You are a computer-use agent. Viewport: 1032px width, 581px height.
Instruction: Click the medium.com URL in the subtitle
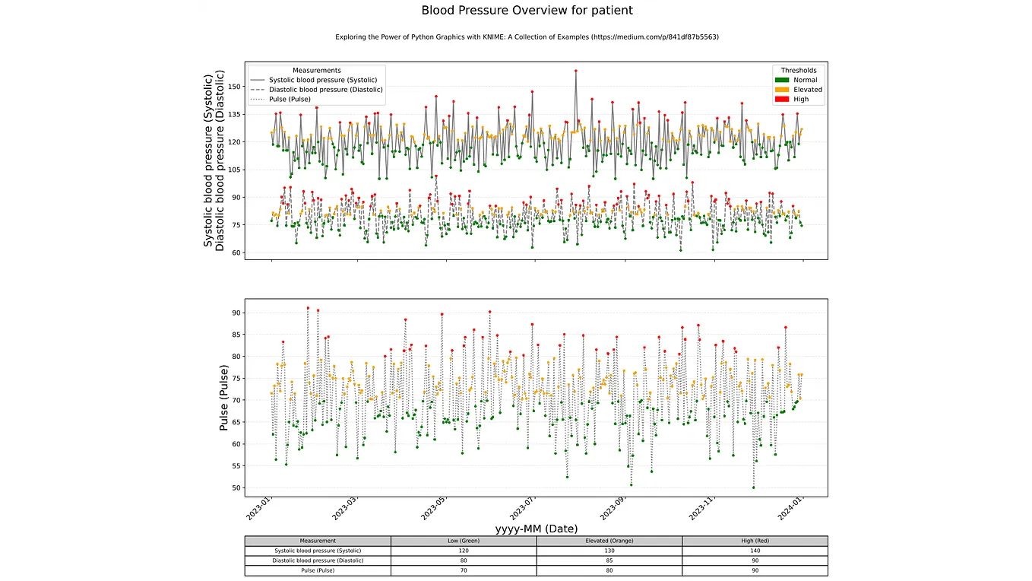(655, 37)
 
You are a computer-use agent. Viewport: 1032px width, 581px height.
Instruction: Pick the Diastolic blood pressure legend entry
(325, 89)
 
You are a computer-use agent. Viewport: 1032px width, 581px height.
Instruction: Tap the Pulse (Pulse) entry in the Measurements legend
(290, 99)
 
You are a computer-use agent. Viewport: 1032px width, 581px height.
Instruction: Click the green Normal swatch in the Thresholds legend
(782, 80)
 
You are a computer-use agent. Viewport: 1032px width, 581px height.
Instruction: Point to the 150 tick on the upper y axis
(233, 86)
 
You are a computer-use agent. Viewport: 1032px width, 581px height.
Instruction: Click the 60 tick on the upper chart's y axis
(236, 252)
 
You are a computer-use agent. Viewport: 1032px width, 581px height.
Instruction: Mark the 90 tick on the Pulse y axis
(236, 313)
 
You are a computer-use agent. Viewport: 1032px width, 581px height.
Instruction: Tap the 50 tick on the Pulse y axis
(236, 487)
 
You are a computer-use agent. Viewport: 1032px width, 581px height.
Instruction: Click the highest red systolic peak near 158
(576, 71)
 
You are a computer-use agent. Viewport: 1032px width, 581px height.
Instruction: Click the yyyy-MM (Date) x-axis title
(536, 529)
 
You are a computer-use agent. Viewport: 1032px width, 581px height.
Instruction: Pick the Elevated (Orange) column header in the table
(609, 541)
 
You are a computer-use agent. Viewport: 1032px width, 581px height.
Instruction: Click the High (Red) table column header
(755, 541)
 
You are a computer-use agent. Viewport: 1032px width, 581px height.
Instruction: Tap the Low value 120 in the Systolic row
(464, 551)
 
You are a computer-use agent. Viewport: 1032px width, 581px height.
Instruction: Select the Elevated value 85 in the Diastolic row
(609, 560)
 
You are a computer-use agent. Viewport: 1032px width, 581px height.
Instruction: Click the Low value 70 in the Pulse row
(464, 570)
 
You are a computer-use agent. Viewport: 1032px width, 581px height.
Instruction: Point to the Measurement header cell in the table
(318, 541)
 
